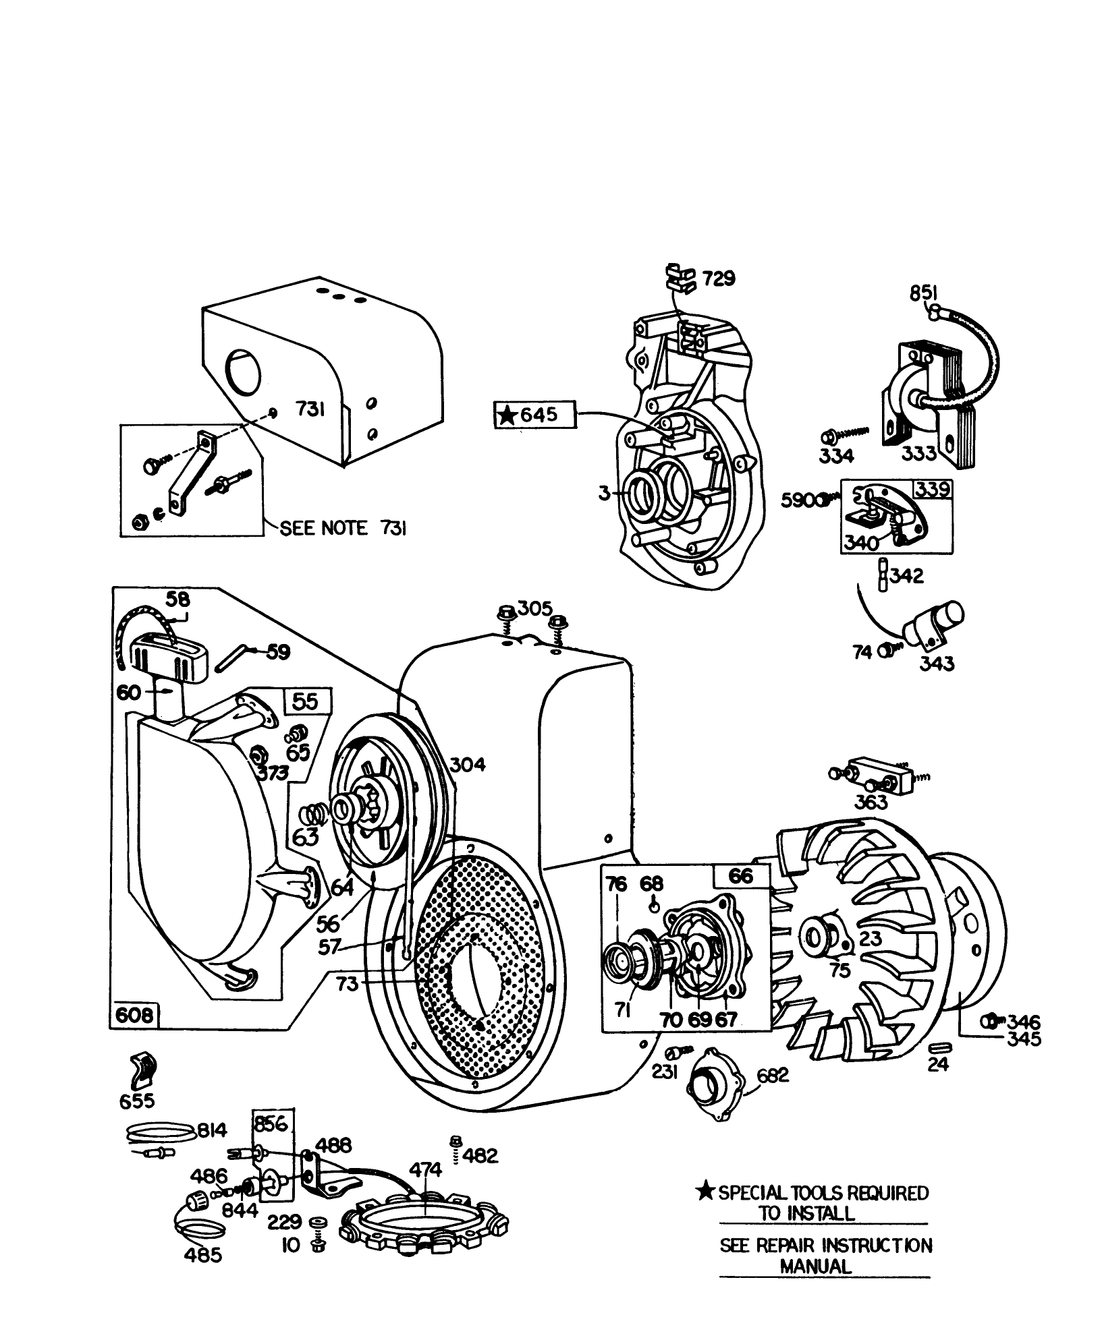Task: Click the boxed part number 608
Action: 134,1033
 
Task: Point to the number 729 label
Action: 718,279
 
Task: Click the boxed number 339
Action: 933,489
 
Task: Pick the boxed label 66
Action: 741,876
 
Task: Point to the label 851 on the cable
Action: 923,293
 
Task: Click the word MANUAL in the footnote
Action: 816,1266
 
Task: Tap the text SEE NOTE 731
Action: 343,529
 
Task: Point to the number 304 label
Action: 467,765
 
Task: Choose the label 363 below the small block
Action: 871,803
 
